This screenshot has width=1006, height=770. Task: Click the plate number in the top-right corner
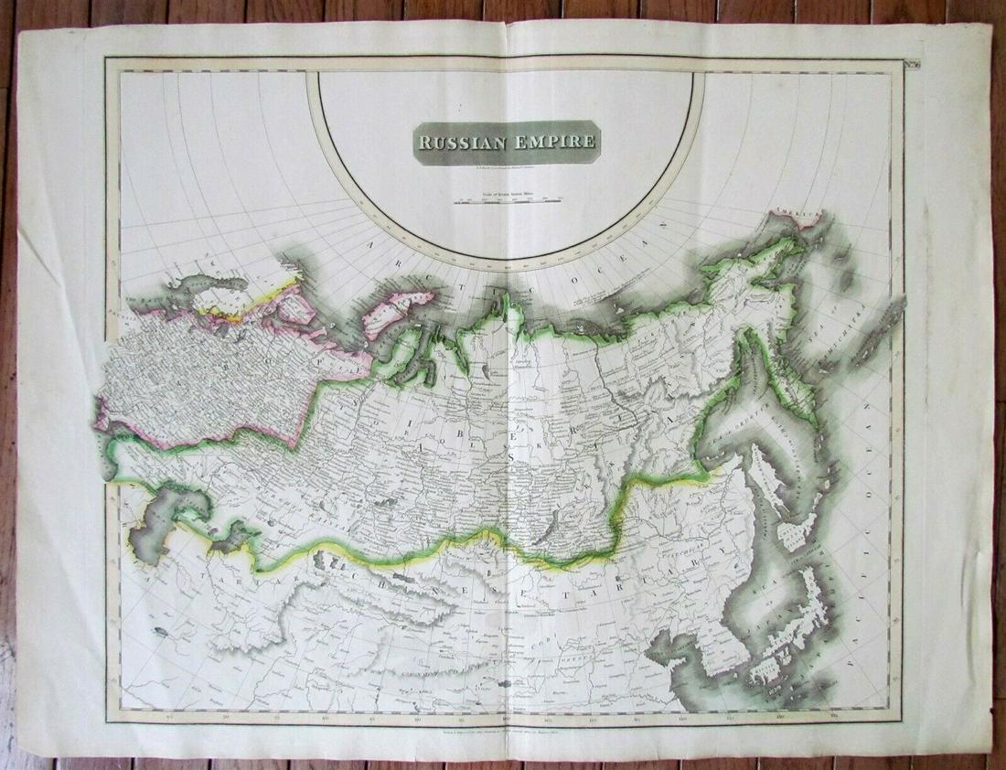[906, 62]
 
